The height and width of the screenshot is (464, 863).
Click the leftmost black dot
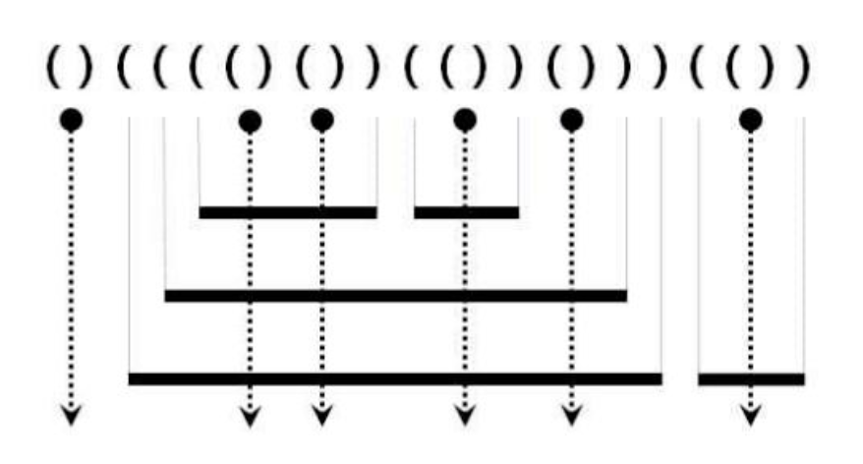point(71,120)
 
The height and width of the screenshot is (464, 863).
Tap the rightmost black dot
point(751,120)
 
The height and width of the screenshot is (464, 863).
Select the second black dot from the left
point(250,120)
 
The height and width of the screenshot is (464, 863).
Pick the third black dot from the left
point(321,120)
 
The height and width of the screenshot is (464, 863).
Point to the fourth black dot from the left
point(465,120)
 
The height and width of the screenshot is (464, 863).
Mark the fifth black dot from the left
point(571,120)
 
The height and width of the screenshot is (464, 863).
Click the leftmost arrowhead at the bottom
point(71,416)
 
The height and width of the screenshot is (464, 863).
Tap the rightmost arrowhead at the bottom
point(751,416)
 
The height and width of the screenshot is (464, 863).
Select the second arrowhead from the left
point(250,416)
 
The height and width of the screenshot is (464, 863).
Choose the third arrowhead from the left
point(321,416)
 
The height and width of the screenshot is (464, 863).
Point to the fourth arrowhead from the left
point(465,416)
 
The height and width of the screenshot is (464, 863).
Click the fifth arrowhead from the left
point(571,416)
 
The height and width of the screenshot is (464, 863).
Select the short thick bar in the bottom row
point(751,378)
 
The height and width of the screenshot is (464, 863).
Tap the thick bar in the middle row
point(395,295)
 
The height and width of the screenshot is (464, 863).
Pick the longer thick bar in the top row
point(287,211)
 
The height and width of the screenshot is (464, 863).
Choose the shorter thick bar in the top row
point(466,211)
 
